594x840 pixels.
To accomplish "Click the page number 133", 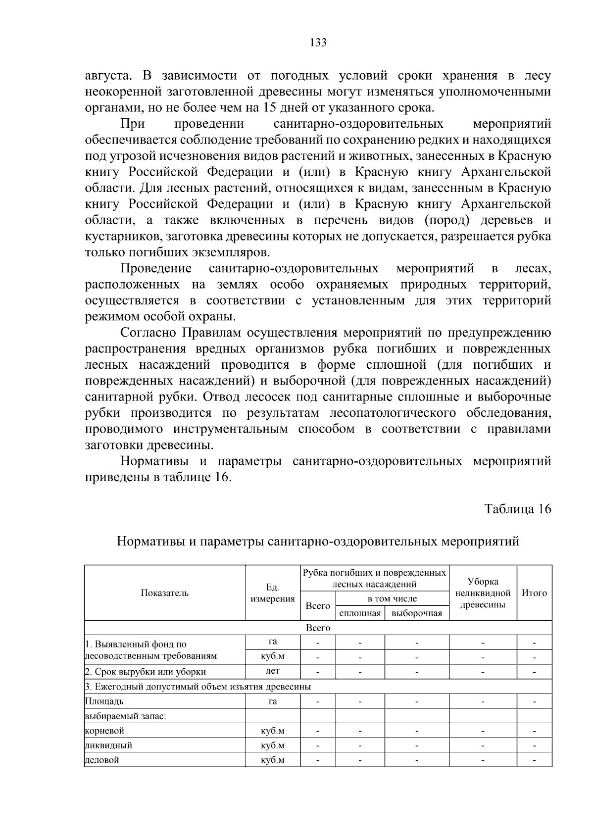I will pos(318,43).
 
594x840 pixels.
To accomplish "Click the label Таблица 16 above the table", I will pos(517,509).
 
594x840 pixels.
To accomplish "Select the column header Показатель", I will pos(165,593).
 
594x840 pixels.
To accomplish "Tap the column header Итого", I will pos(534,593).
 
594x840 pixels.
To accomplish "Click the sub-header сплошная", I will pos(360,614).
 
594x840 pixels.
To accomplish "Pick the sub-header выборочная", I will pos(416,614).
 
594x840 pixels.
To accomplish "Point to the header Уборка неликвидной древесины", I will pos(483,593).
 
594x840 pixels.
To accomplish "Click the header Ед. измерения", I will pos(272,593).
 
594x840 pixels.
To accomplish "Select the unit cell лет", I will pos(272,671).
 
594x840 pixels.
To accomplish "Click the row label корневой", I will pos(104,731).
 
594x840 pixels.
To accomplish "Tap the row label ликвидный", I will pos(108,745).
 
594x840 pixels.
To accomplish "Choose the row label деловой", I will pos(102,760).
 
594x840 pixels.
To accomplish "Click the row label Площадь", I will pos(104,701).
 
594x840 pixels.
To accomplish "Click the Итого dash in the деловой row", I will pos(534,760).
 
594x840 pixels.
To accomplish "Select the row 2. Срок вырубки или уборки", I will pos(146,672).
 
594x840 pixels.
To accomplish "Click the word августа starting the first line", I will pos(108,76).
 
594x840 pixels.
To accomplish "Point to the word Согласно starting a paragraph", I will pos(149,333).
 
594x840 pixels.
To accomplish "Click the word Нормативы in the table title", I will pos(151,542).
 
